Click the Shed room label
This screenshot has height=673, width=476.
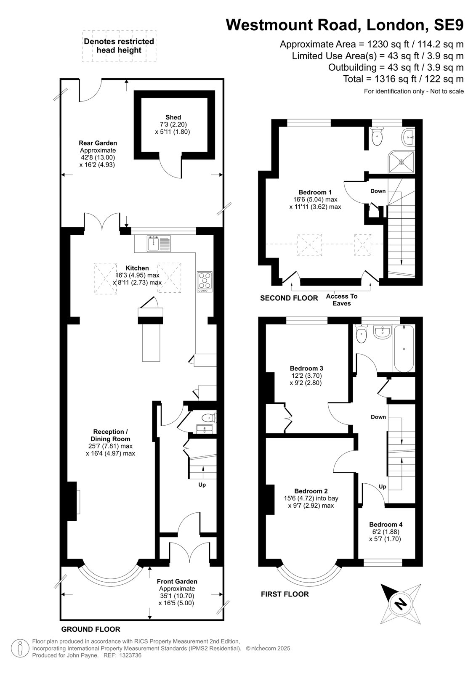tap(173, 117)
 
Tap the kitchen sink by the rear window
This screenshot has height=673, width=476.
tap(159, 243)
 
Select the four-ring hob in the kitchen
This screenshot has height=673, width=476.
tap(205, 282)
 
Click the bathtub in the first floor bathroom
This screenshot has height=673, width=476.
tap(404, 349)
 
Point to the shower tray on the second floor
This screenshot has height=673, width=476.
tap(401, 162)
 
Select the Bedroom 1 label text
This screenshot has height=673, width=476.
tap(315, 192)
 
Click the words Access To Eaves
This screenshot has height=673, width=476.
tap(342, 299)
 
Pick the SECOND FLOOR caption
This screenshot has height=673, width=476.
tap(289, 298)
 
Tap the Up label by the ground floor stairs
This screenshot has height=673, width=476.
tap(202, 485)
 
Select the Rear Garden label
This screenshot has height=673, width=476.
tap(98, 143)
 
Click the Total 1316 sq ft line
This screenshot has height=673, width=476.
tap(403, 79)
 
